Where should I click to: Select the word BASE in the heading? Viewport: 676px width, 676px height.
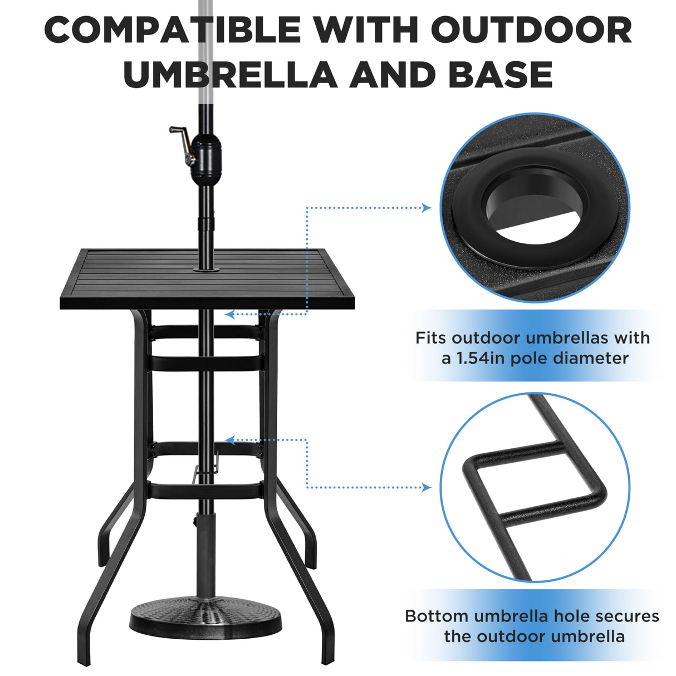[501, 75]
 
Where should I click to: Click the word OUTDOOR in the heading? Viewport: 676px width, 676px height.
[531, 30]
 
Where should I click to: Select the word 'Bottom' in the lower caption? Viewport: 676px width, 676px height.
[437, 616]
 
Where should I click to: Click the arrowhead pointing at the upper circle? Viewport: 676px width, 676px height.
[427, 208]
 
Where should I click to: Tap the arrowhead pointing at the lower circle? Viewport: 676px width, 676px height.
[427, 488]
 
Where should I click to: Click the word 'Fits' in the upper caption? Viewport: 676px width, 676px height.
[431, 338]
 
